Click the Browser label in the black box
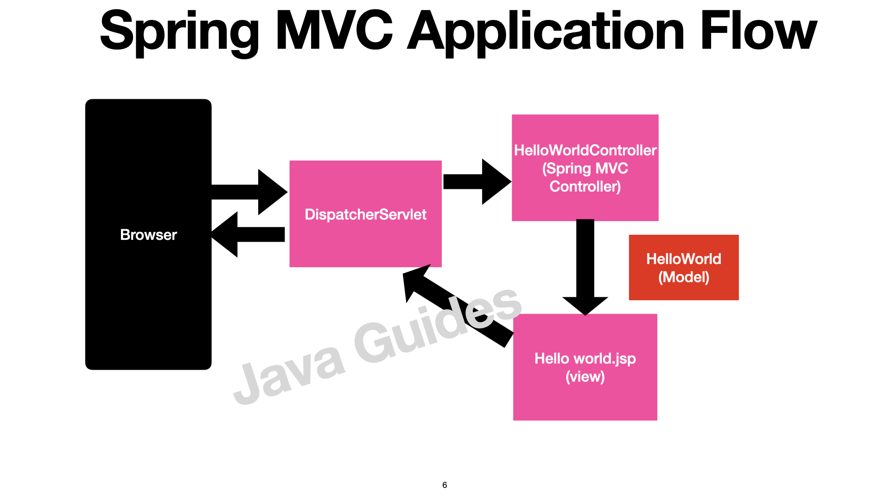click(x=148, y=235)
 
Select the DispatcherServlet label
click(x=365, y=214)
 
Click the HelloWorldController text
click(x=585, y=150)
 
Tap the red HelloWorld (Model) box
click(x=683, y=268)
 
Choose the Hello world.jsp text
click(x=585, y=359)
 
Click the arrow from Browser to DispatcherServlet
click(x=250, y=192)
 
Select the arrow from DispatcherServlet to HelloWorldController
click(x=477, y=181)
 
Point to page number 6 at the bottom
click(x=445, y=485)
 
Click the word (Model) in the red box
click(x=683, y=277)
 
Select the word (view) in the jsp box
click(x=585, y=377)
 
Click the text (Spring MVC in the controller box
click(x=585, y=168)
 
